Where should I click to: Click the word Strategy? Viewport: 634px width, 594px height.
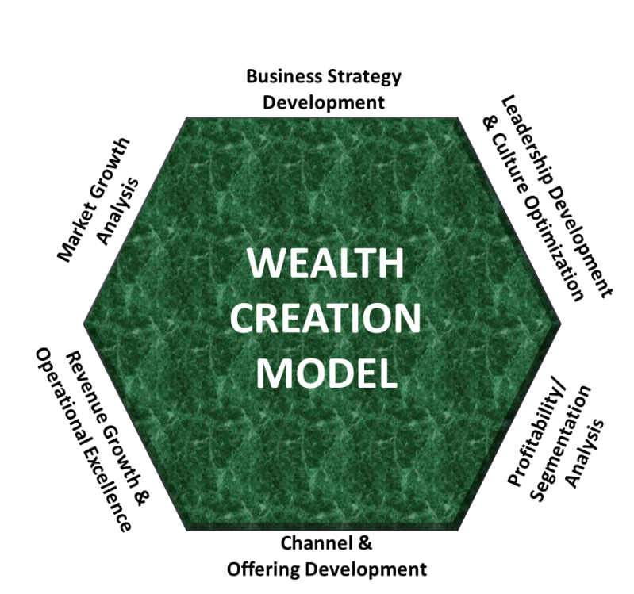click(364, 78)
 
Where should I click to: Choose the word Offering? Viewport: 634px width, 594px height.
click(261, 569)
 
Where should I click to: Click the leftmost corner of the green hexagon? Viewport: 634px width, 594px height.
click(85, 324)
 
